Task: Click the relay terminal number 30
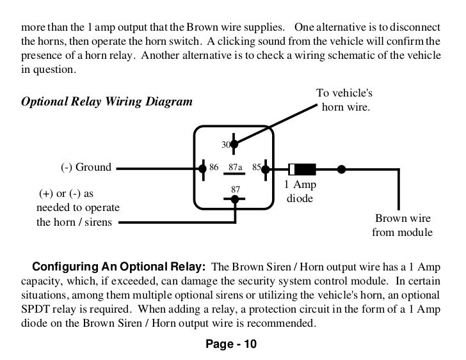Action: point(226,145)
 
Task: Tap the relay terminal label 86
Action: point(214,168)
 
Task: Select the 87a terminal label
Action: point(235,168)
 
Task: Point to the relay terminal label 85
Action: point(257,168)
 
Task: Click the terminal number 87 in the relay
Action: point(235,189)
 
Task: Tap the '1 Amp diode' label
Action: point(300,191)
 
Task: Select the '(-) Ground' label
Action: point(86,168)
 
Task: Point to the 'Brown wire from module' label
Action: point(402,225)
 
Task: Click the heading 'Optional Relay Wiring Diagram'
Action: point(106,102)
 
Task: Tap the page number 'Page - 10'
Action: point(230,345)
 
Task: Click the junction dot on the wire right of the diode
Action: point(341,169)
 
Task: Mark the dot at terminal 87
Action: point(235,199)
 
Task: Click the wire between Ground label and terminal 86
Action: point(157,169)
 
